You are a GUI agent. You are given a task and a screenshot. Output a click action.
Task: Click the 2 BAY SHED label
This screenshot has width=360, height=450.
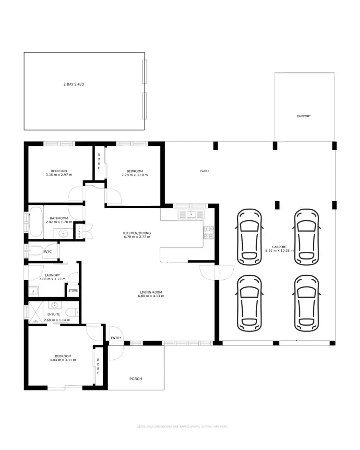click(x=74, y=84)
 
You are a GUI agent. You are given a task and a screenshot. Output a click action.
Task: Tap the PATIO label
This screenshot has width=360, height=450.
click(x=204, y=171)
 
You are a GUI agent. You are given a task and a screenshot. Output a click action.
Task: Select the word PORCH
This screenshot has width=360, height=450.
click(x=136, y=379)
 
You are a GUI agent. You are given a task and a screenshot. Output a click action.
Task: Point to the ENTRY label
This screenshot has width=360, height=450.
click(x=116, y=338)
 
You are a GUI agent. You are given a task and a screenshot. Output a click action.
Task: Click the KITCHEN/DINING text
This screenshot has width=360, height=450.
click(x=137, y=233)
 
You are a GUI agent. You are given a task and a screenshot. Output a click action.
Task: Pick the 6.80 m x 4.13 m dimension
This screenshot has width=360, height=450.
click(x=152, y=296)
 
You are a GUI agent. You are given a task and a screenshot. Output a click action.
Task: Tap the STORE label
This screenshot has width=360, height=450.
click(x=72, y=290)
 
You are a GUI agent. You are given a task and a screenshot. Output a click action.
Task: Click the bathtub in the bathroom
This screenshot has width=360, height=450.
click(x=36, y=222)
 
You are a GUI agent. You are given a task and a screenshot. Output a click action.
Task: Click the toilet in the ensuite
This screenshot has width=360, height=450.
click(x=71, y=313)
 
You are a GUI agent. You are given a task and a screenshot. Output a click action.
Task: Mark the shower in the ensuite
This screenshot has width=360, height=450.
click(x=36, y=312)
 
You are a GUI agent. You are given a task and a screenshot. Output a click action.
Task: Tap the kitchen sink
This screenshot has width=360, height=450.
click(x=191, y=213)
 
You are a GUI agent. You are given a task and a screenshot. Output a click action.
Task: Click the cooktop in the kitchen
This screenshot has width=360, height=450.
click(x=209, y=233)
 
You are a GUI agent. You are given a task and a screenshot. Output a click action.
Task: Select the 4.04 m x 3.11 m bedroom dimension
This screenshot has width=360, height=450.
click(x=63, y=360)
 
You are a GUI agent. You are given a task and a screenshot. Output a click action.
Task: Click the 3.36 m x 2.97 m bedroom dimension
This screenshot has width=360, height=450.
click(x=59, y=175)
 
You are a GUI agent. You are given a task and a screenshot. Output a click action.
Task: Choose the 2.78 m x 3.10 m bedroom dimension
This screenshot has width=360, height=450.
click(x=134, y=175)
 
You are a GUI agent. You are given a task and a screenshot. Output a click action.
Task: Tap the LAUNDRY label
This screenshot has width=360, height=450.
click(x=49, y=275)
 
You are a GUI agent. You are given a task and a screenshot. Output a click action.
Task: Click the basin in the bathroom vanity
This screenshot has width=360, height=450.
click(x=64, y=234)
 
